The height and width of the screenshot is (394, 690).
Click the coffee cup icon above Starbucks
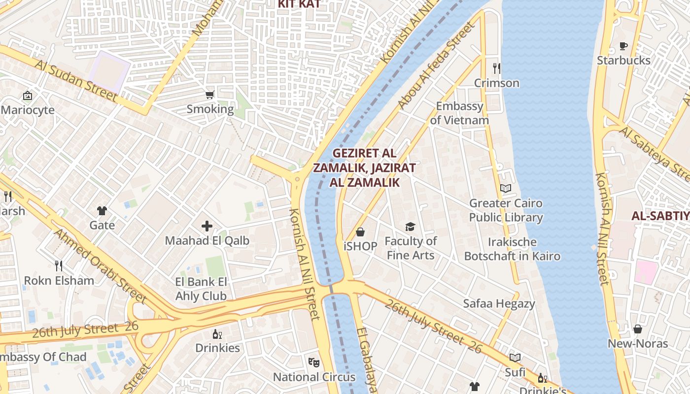tap(623, 46)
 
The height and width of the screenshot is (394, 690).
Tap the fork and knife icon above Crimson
tap(496, 68)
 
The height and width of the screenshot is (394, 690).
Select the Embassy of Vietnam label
tap(459, 113)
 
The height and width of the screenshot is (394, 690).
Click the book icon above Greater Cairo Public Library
tap(506, 188)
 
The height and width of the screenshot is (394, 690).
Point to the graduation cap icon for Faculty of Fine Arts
tap(410, 227)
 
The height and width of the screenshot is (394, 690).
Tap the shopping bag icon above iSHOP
tap(360, 232)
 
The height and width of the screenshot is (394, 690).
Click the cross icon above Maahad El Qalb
tap(207, 226)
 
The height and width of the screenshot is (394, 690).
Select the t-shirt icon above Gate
tap(102, 211)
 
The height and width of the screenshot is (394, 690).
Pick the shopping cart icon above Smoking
tap(210, 95)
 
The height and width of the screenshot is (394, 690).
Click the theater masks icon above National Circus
tap(314, 362)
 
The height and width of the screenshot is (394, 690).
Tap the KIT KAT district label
tap(299, 4)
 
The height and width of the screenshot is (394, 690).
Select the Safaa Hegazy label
tap(499, 304)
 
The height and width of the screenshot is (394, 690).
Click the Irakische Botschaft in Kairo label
tap(512, 249)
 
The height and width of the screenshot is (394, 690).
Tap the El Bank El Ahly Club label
tap(201, 289)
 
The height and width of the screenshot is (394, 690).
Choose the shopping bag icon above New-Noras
tap(638, 329)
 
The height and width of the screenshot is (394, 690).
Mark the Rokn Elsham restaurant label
tap(59, 281)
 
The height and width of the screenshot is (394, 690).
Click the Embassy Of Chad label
tap(43, 357)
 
